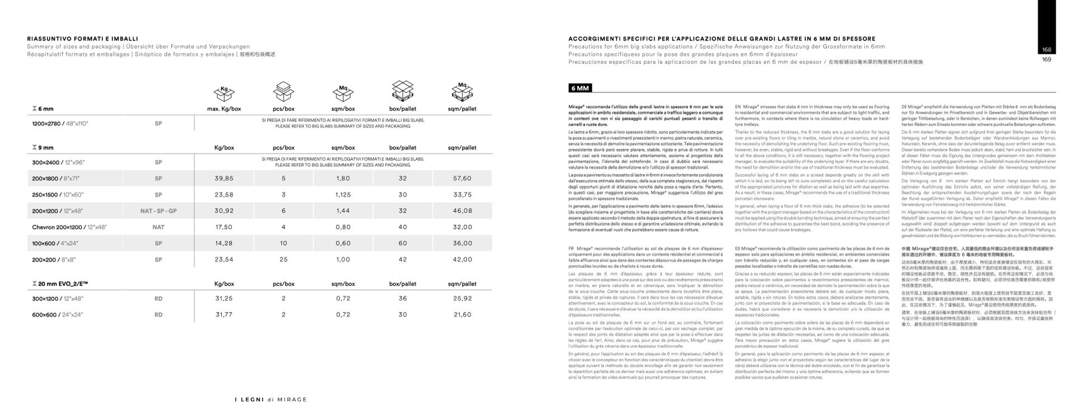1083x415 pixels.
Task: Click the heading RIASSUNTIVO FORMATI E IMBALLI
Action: coord(83,39)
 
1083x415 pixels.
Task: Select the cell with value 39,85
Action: coord(224,178)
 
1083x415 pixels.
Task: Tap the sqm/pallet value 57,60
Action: coord(462,178)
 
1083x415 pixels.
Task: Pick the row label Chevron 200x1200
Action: coord(69,227)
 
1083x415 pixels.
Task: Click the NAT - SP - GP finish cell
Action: coord(158,211)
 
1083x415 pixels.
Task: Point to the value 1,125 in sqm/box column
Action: coord(343,195)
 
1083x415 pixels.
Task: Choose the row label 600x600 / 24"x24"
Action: coord(58,315)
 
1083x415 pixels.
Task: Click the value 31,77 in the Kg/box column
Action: coord(224,315)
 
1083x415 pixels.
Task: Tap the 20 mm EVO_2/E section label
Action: coord(60,284)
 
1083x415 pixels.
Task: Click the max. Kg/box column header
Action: coord(224,109)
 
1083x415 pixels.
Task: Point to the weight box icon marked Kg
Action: coord(224,92)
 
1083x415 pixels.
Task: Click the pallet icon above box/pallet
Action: coord(403,91)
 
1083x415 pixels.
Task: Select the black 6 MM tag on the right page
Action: coord(580,88)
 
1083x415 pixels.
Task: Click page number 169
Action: coord(1047,59)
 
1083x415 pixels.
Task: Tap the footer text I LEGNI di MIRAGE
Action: coord(271,400)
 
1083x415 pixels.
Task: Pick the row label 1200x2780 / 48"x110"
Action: coord(60,124)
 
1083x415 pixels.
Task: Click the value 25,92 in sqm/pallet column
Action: coord(462,299)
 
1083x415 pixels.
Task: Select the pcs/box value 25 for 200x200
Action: coord(283,260)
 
